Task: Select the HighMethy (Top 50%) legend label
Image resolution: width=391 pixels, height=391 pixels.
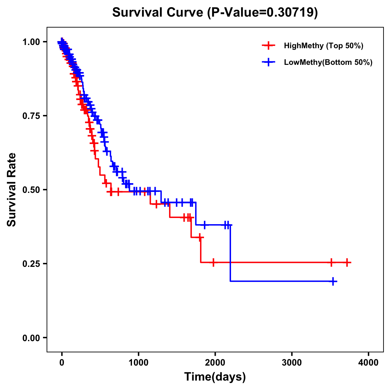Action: coord(323,46)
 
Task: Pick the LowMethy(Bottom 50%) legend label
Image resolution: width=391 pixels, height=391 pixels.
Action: coord(328,62)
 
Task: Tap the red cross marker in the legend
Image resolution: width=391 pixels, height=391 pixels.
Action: coord(268,46)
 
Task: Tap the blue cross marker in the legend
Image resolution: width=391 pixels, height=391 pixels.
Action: coord(268,62)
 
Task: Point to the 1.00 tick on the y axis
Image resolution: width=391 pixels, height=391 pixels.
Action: coord(31,42)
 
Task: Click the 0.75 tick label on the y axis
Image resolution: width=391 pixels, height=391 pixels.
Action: coord(31,116)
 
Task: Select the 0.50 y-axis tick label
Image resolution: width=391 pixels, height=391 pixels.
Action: coord(31,190)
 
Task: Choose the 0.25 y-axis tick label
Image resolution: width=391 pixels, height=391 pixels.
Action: coord(31,264)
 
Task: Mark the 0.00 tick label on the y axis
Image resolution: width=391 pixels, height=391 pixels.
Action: coord(31,338)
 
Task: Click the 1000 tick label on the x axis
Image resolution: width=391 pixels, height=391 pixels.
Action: coord(138,363)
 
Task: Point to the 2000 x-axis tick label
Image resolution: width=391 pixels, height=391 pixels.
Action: coord(215,363)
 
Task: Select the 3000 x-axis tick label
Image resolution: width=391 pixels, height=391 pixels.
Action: coord(292,363)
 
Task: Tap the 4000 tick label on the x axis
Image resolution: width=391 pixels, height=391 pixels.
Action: coord(369,363)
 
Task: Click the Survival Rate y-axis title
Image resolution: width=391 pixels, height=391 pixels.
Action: coord(12,190)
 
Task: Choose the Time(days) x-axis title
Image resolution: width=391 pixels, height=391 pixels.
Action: coord(215,377)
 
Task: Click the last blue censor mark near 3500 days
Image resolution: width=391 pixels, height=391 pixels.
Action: coord(333,281)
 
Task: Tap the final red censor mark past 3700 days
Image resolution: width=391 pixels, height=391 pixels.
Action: coord(347,262)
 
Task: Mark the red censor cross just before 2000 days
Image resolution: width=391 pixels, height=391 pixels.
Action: coord(213,262)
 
